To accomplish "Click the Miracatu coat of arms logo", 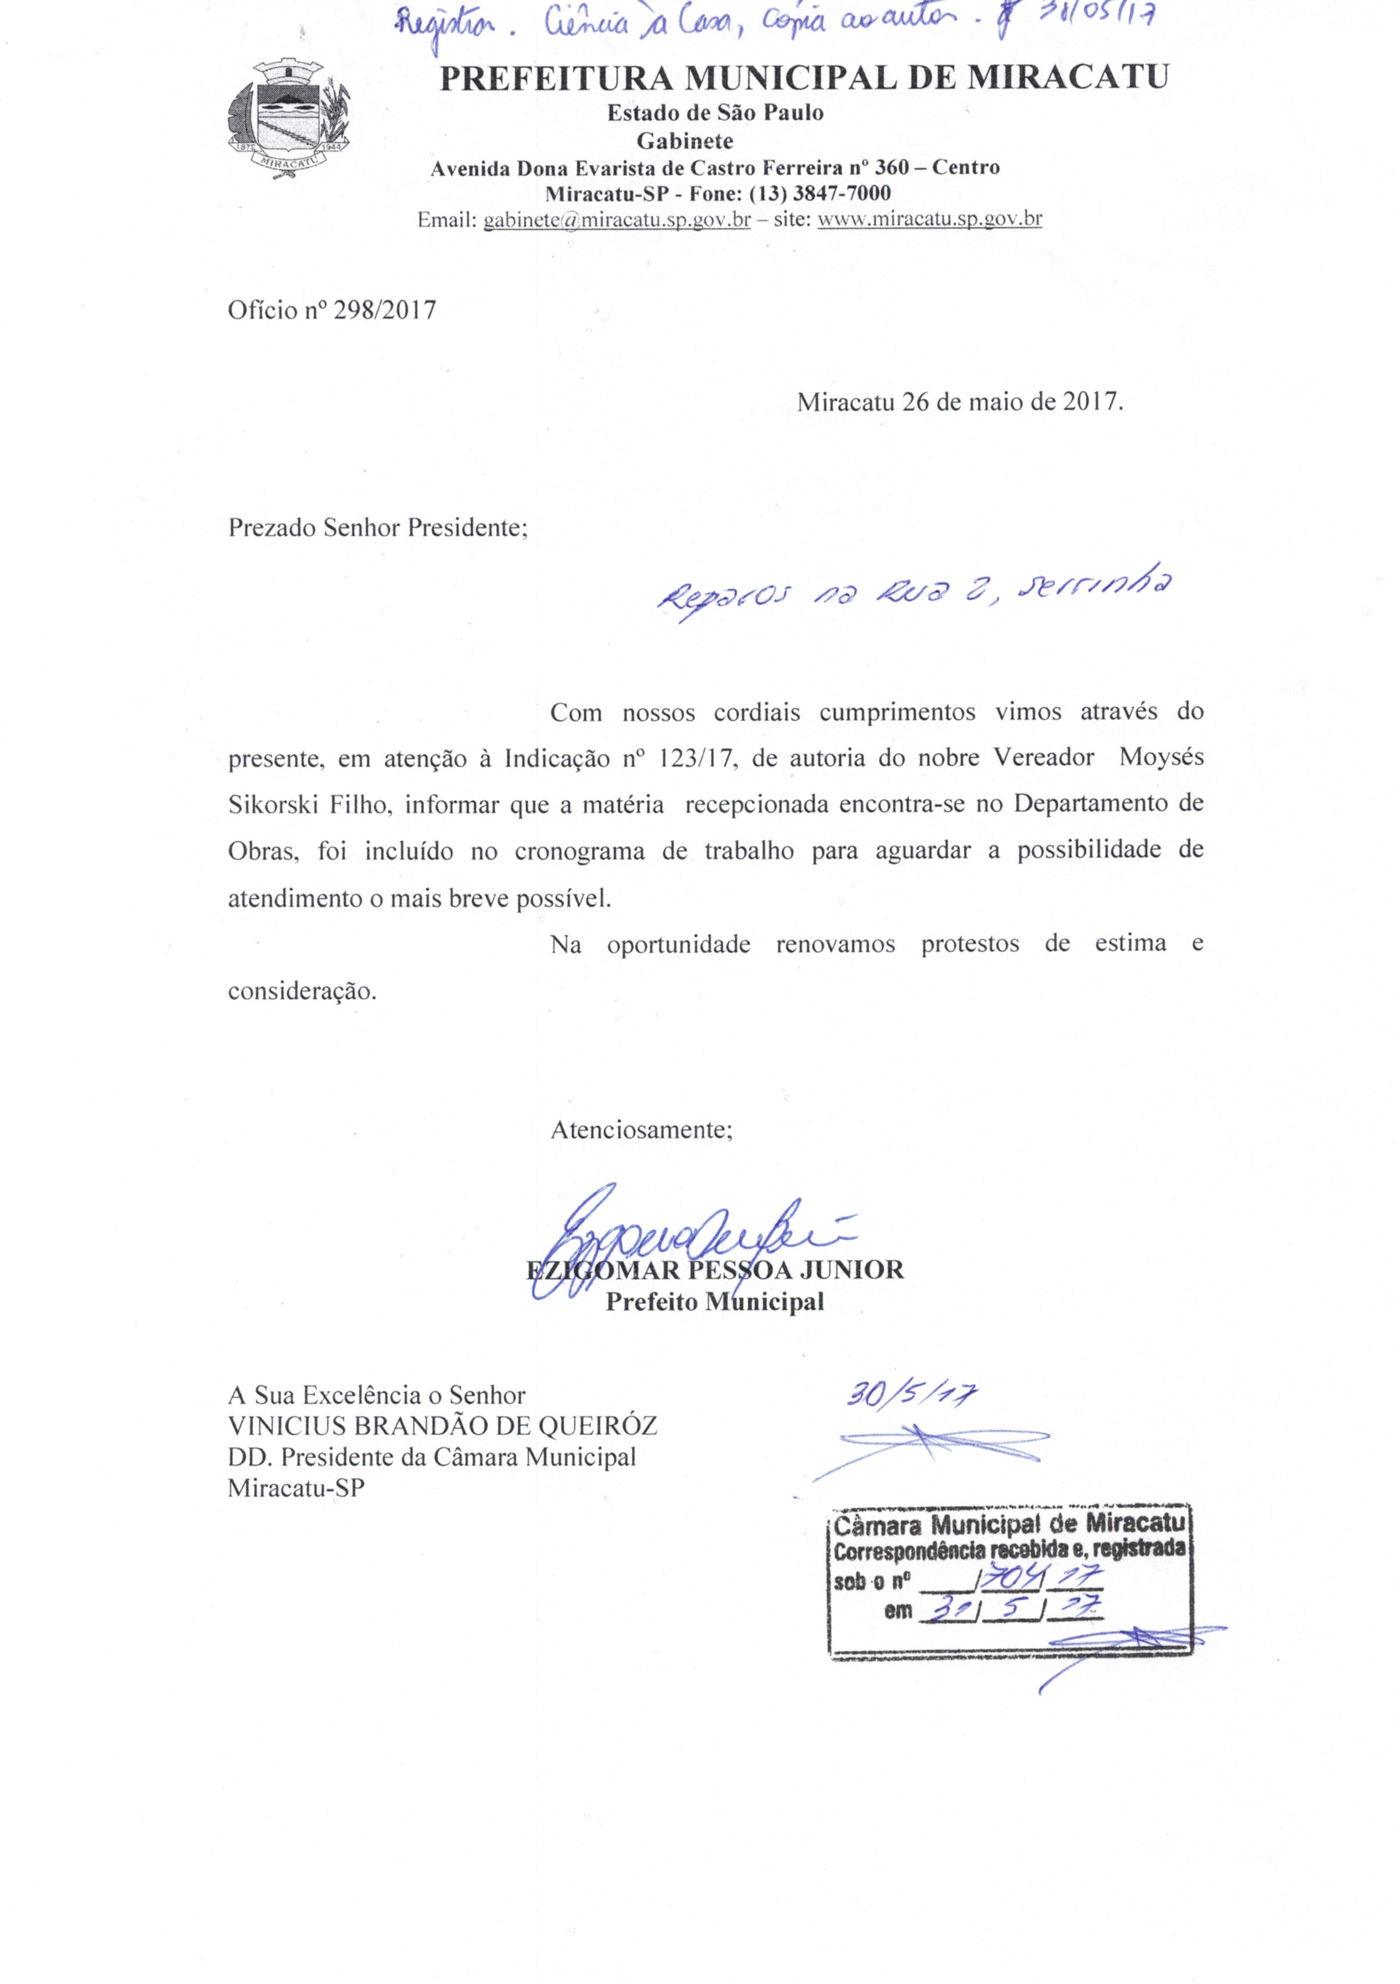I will [287, 119].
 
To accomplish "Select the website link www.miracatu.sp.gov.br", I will [929, 220].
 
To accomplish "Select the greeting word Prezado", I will [272, 528].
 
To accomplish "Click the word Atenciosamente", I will [641, 1129].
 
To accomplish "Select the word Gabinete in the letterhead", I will [685, 140].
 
